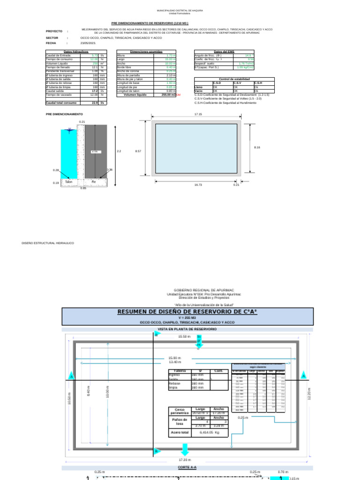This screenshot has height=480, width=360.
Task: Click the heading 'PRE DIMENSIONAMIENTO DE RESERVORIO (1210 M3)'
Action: [x=150, y=22]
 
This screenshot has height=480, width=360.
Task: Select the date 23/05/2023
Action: [x=88, y=42]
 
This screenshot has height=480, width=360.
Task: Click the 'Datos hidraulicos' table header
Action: [x=75, y=52]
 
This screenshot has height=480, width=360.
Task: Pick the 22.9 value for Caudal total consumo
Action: [x=95, y=103]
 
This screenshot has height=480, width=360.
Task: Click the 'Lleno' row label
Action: [x=198, y=87]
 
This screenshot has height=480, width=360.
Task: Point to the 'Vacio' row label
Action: [x=198, y=91]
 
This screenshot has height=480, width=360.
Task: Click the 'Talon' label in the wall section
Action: [x=69, y=181]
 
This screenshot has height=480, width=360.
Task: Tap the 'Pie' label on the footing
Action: [x=94, y=181]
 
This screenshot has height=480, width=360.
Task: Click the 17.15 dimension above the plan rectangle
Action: [x=198, y=114]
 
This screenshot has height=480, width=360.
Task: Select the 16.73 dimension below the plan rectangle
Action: [x=198, y=185]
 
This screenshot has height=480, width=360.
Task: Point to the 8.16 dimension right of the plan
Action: [x=257, y=147]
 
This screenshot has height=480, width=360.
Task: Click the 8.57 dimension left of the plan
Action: [x=138, y=151]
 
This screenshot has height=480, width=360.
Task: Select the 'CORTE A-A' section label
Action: [x=187, y=467]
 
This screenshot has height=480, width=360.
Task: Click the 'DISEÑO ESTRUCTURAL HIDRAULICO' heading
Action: [x=48, y=243]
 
